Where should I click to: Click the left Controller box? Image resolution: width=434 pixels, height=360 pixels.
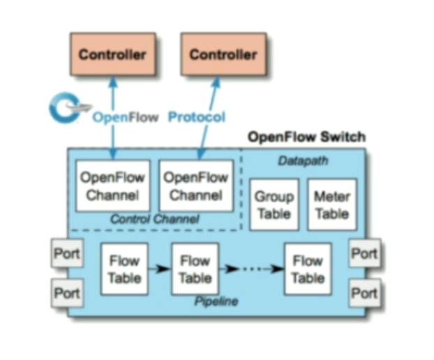tap(112, 54)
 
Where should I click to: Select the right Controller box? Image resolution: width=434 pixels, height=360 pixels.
tap(223, 54)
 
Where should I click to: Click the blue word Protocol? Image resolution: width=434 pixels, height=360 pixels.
tap(197, 117)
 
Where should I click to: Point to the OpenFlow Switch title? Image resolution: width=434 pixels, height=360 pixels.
tap(307, 137)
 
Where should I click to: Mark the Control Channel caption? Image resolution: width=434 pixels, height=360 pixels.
tap(154, 219)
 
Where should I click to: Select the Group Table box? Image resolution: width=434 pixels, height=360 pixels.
tap(274, 204)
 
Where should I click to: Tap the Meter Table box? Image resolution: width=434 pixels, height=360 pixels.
tap(332, 204)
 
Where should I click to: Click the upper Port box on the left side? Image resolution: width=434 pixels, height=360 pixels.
tap(67, 253)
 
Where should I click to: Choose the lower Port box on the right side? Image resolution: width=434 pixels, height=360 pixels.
tap(364, 293)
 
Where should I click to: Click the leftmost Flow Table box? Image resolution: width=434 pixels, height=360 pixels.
tap(124, 269)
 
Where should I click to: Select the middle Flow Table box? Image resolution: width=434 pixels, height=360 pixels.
tap(195, 269)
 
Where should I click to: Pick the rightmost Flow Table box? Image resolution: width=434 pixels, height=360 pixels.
tap(307, 269)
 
